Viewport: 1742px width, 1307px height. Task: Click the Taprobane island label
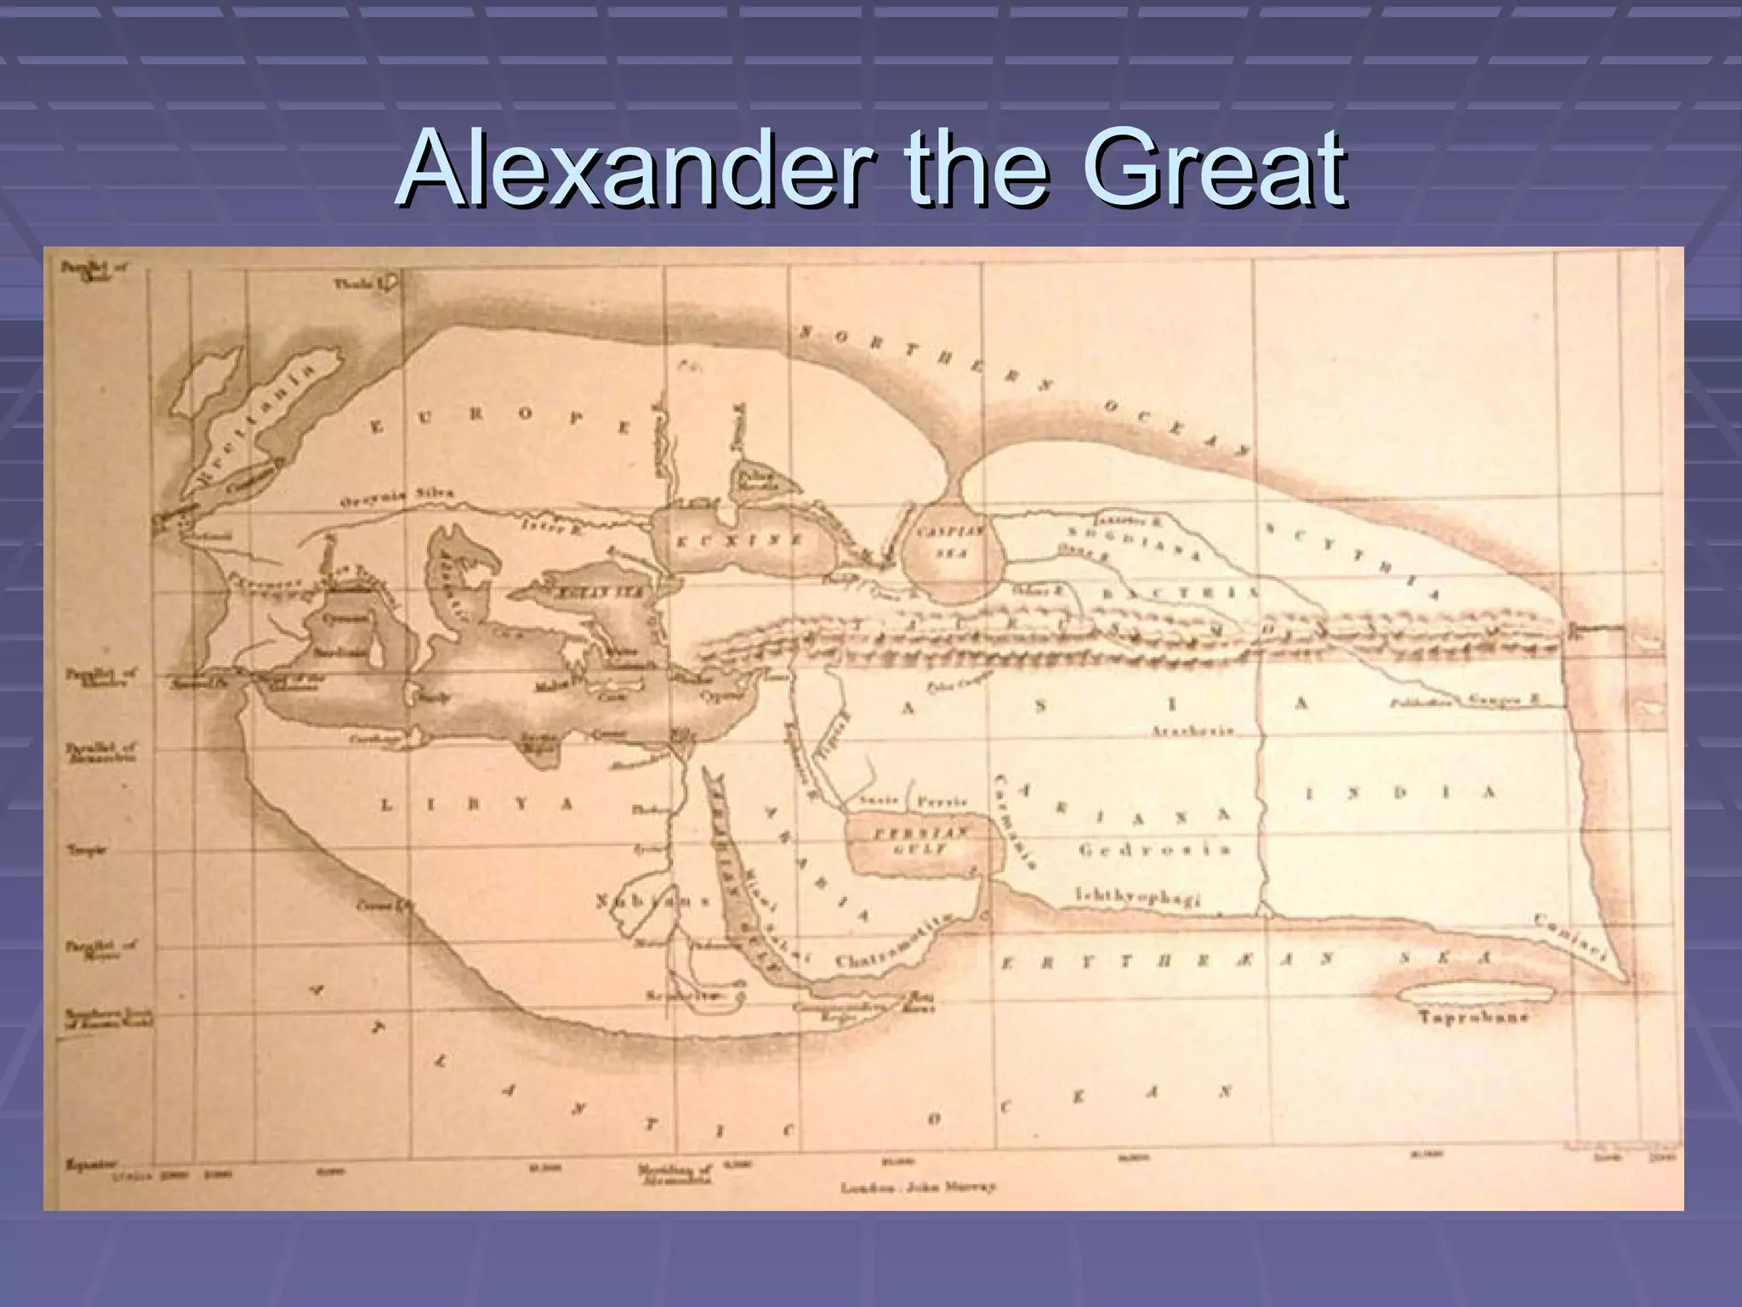point(1473,1017)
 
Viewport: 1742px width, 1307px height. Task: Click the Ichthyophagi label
point(1138,895)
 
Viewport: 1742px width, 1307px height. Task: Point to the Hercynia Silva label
point(396,497)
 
